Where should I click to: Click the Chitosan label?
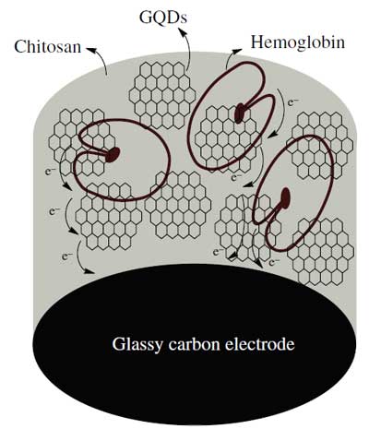[48, 47]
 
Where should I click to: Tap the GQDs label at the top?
[163, 18]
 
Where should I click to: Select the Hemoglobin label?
[298, 42]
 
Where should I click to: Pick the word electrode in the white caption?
[260, 344]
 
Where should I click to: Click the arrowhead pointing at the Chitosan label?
[90, 49]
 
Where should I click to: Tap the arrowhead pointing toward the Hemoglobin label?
[237, 51]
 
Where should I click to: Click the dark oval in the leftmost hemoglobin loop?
[113, 154]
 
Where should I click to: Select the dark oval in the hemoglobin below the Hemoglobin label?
[239, 113]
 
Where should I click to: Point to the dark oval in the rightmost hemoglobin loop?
[285, 198]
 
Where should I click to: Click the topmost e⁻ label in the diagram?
[293, 102]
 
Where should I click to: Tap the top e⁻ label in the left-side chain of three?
[51, 172]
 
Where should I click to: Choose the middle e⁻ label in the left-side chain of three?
[54, 211]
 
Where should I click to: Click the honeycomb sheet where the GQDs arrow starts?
[162, 95]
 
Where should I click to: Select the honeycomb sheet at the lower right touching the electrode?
[321, 252]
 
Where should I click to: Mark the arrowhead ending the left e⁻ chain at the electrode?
[89, 271]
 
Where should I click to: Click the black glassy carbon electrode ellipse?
[195, 344]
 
